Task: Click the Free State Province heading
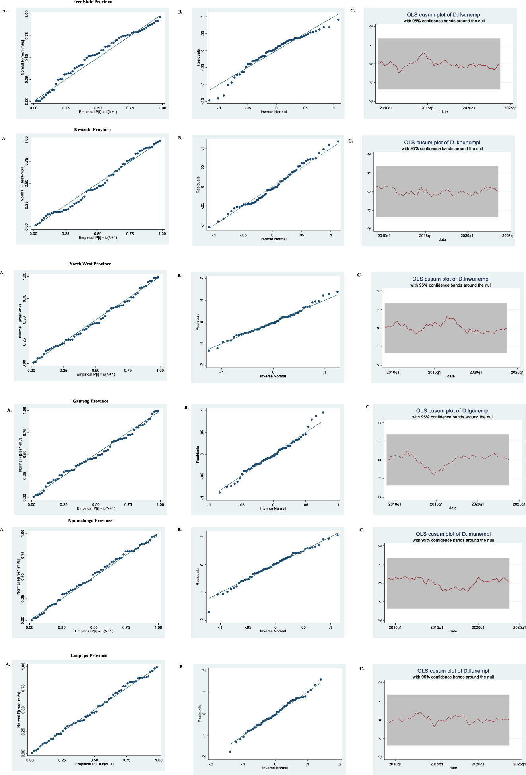92,2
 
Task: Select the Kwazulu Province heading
92,130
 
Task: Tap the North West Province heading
90,264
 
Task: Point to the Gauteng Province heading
90,401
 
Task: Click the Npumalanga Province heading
90,521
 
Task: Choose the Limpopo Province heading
89,656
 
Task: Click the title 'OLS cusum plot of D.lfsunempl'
444,15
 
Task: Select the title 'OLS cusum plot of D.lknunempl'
442,143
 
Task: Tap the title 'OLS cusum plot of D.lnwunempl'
451,279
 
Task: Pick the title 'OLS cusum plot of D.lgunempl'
453,411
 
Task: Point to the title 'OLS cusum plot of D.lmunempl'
453,534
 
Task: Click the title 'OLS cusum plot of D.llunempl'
453,671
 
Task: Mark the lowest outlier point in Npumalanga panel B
209,612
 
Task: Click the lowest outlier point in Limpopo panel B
230,752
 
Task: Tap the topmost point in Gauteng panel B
323,412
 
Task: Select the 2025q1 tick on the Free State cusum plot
510,108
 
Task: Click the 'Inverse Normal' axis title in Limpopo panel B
275,768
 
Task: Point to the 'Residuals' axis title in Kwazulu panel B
198,185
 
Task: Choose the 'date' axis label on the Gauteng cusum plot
453,508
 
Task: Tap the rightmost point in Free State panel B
338,20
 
